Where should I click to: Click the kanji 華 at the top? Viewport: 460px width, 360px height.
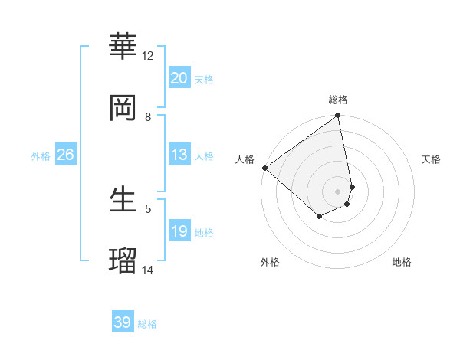123,47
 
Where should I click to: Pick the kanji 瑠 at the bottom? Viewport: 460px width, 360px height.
123,261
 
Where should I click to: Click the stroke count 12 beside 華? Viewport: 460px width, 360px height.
148,56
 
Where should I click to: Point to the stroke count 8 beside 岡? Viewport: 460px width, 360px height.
148,117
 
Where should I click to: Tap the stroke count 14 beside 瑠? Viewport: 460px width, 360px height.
148,270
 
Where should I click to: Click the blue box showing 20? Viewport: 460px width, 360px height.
179,78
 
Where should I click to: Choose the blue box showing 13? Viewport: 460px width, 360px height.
179,155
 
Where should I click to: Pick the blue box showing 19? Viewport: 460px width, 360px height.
179,231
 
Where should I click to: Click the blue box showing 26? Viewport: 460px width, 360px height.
66,155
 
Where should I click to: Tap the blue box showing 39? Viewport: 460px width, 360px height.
123,322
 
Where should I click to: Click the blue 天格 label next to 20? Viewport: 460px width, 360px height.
204,79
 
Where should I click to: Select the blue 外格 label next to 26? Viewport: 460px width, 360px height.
41,155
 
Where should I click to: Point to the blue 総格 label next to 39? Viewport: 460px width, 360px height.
147,324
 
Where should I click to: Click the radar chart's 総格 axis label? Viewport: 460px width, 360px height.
338,100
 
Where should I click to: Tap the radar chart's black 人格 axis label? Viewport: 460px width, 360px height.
245,159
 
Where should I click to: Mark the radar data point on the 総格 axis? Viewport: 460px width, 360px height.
338,116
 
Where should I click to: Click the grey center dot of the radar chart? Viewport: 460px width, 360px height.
338,190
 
